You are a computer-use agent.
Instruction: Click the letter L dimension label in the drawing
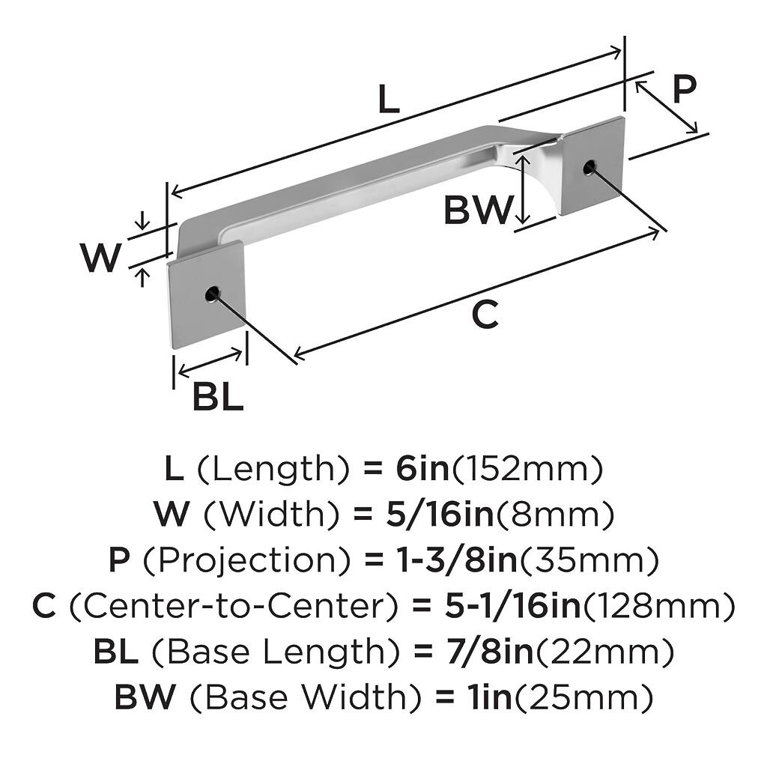(388, 100)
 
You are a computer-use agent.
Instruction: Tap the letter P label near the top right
(684, 88)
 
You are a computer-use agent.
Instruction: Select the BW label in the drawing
(477, 210)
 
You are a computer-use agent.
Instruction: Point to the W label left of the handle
(101, 258)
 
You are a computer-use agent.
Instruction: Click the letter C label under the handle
(485, 315)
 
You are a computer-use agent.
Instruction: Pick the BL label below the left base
(218, 396)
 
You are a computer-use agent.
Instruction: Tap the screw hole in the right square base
(589, 167)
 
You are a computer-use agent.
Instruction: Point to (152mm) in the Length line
(526, 470)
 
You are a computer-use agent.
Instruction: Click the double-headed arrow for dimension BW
(524, 190)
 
